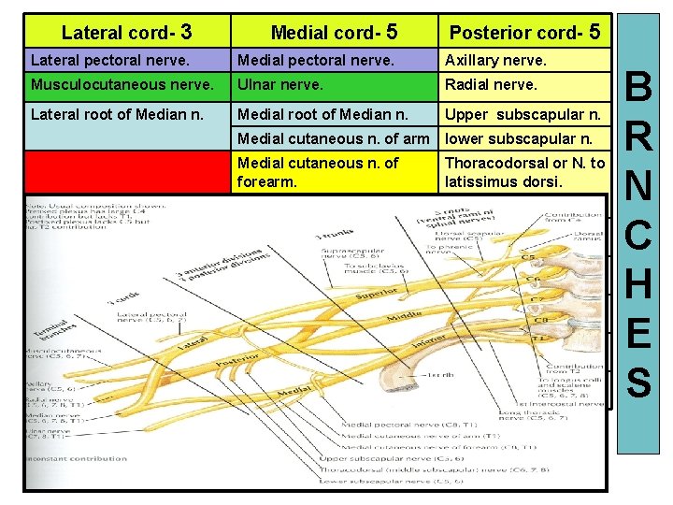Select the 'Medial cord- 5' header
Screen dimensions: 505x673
tap(335, 32)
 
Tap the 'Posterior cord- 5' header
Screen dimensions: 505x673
tap(524, 32)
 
